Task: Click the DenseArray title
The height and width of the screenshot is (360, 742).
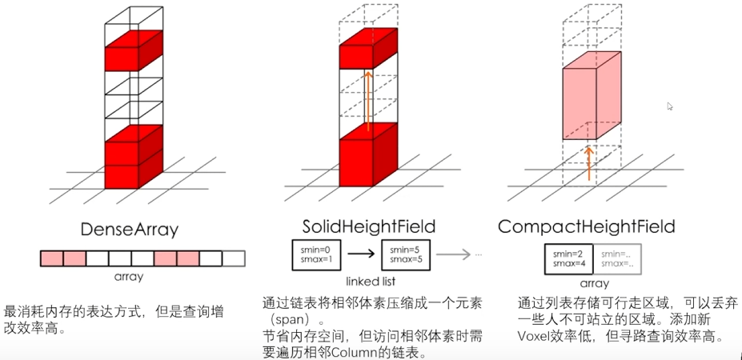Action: click(129, 230)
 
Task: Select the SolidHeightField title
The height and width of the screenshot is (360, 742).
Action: click(358, 227)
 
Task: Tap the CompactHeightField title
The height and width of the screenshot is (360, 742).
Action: click(587, 227)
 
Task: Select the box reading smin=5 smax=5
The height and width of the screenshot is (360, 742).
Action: click(407, 254)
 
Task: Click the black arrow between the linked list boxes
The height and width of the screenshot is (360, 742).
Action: click(360, 254)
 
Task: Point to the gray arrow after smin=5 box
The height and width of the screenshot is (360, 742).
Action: click(455, 254)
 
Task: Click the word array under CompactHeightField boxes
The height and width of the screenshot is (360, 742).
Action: click(593, 283)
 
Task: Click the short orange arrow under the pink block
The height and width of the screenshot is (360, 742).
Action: click(588, 162)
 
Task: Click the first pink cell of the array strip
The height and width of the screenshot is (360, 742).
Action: click(51, 258)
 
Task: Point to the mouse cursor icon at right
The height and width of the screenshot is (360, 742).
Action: click(671, 106)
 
